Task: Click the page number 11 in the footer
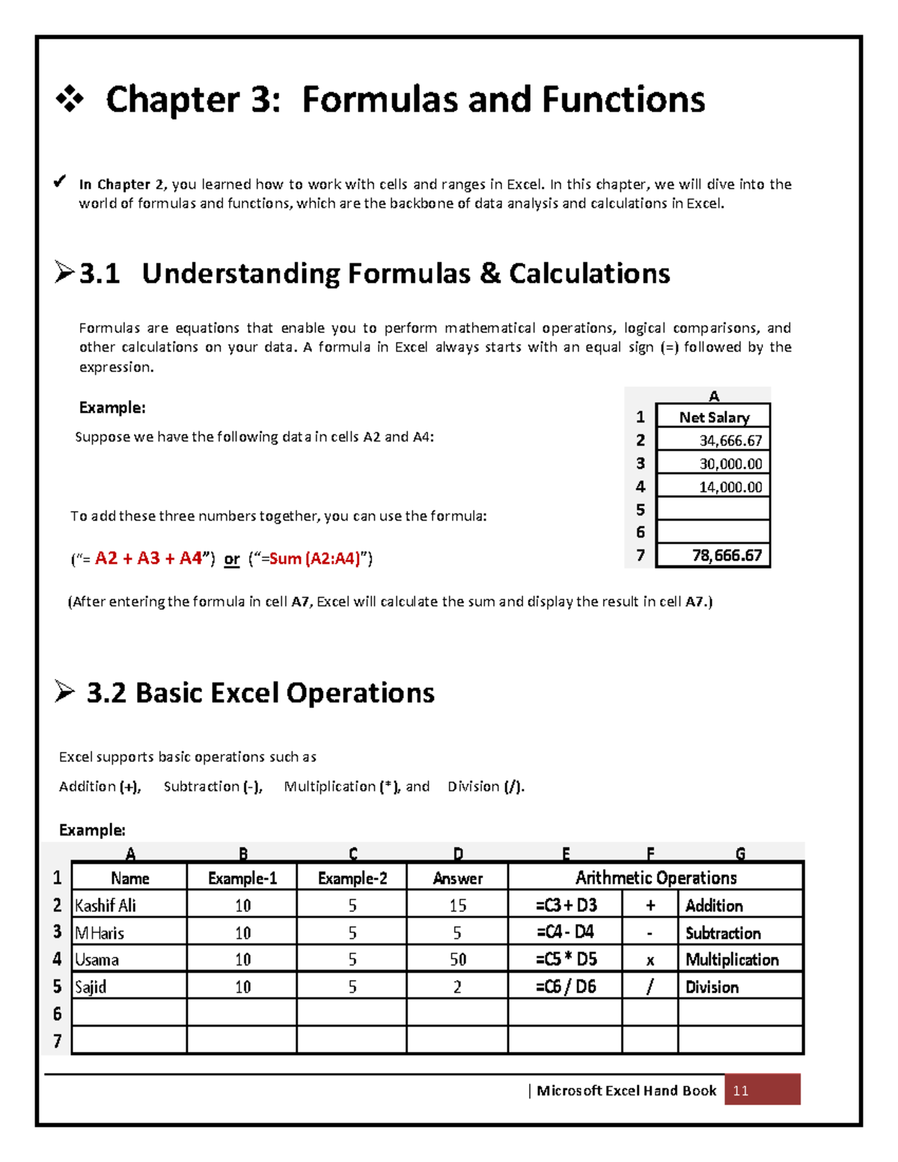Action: tap(741, 1090)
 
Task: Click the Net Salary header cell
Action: tap(714, 418)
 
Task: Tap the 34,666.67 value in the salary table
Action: tap(730, 441)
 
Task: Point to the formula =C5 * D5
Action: tap(566, 959)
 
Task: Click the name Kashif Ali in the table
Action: tap(106, 905)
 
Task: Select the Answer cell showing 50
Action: tap(458, 959)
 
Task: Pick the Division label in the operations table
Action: tap(712, 987)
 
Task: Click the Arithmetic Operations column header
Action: tap(656, 878)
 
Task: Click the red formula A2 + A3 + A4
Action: tap(149, 558)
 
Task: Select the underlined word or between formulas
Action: tap(232, 559)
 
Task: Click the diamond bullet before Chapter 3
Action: tap(70, 100)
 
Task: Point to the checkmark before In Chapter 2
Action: tap(60, 182)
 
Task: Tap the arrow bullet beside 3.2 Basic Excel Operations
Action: tap(65, 692)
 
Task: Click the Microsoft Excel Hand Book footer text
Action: tap(626, 1090)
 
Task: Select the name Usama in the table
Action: tap(97, 959)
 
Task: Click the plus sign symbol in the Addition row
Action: tap(650, 905)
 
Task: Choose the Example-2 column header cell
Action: tap(352, 878)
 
